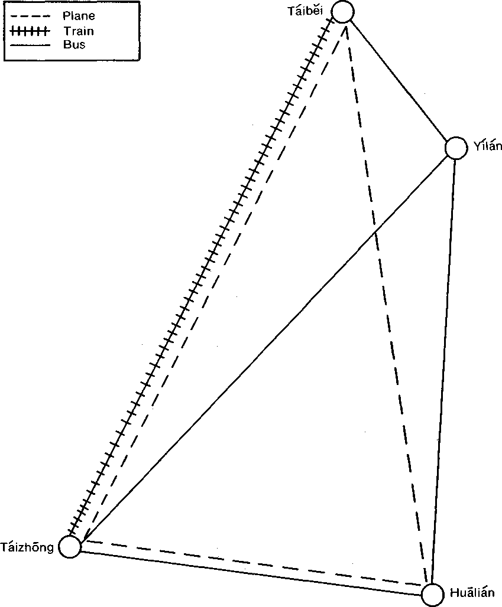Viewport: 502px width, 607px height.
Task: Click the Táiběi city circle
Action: point(343,12)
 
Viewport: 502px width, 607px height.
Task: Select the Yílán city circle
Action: point(455,148)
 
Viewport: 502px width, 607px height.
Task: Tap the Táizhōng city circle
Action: point(70,547)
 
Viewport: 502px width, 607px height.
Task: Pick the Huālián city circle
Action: point(432,595)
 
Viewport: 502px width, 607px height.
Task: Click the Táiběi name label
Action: point(305,11)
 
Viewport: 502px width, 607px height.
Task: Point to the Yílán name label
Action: point(487,146)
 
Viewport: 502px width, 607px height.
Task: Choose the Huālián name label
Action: point(472,593)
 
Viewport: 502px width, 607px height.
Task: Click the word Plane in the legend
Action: point(79,16)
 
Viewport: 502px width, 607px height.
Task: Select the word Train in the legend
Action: point(79,31)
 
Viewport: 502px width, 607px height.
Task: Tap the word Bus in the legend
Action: point(74,44)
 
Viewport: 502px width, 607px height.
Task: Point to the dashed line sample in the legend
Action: point(30,17)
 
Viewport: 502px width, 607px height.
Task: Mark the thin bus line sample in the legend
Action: point(30,45)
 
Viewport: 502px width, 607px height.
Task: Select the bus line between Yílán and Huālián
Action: point(442,371)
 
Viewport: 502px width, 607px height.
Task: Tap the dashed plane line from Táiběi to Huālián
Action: point(387,303)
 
